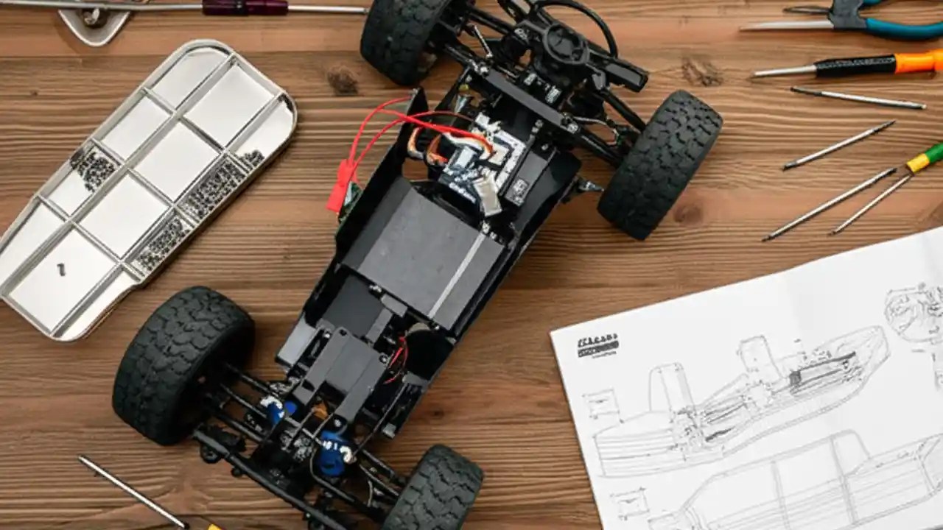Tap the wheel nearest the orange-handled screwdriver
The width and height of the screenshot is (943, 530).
(x=659, y=165)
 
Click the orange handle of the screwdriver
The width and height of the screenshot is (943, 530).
(x=918, y=63)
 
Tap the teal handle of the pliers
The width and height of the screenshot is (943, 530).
(x=902, y=28)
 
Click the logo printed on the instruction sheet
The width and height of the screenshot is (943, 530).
(x=597, y=345)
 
